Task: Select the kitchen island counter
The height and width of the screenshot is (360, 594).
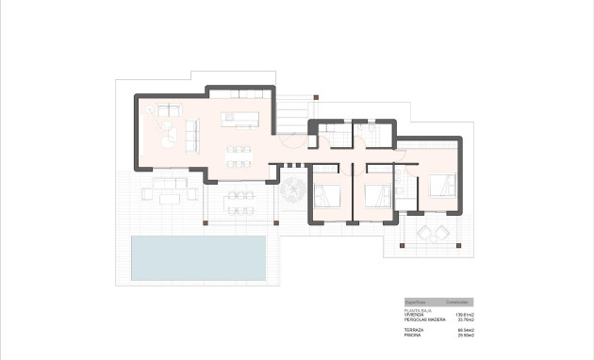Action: (239, 120)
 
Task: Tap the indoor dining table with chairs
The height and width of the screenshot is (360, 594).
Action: (239, 156)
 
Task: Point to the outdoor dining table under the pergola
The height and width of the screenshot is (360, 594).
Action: (240, 201)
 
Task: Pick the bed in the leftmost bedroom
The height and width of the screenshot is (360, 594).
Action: (329, 195)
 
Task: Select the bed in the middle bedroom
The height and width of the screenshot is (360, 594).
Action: (378, 195)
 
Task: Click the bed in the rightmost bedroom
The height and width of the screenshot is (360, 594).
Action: (441, 186)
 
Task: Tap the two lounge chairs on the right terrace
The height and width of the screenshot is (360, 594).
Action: (433, 232)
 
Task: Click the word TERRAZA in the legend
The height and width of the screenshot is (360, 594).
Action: (414, 330)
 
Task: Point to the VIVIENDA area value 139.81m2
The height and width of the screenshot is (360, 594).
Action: (465, 315)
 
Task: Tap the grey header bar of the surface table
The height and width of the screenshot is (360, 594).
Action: (438, 303)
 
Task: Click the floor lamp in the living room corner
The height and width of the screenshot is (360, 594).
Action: (150, 110)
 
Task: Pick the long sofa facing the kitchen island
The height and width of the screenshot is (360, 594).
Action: (192, 134)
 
